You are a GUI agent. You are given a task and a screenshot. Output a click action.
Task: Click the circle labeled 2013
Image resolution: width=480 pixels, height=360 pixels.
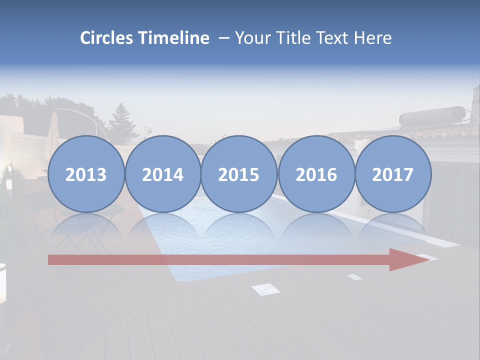[x=86, y=174]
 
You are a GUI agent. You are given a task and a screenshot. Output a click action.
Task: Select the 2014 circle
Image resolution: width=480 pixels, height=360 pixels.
[x=162, y=174]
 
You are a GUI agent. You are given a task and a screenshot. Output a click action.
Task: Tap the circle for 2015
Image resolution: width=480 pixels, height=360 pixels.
[x=239, y=174]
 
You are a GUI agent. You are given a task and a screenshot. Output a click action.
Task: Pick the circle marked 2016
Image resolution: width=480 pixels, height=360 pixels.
[x=316, y=174]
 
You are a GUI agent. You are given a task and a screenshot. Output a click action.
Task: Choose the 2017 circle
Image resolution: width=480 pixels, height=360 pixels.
[x=392, y=174]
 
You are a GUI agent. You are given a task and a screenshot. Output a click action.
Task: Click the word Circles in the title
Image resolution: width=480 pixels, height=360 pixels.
[x=106, y=38]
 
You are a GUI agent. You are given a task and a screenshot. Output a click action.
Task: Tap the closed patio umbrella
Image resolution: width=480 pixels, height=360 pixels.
[x=52, y=131]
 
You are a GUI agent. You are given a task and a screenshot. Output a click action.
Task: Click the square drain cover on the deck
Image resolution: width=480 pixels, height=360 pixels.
[x=265, y=288]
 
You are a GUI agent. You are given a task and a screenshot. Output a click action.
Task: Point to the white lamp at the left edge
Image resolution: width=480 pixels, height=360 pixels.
[x=2, y=282]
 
